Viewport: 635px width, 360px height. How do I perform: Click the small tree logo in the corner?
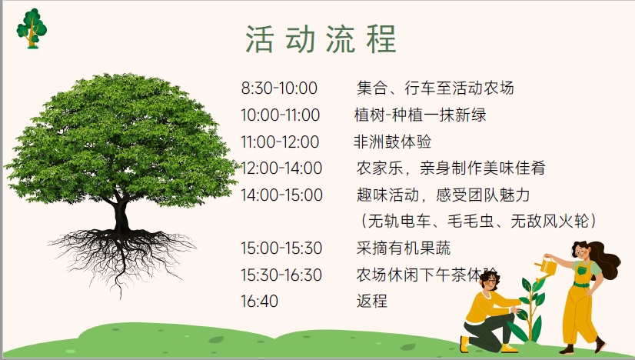point(32,28)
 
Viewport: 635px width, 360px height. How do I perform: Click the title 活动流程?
point(321,39)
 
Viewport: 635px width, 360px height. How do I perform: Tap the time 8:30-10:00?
point(279,88)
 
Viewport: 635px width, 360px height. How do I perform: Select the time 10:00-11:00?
point(281,115)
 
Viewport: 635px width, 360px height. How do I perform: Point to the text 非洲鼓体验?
point(392,142)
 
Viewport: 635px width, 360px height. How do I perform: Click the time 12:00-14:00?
point(281,168)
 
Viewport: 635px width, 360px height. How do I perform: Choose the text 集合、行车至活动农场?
point(435,88)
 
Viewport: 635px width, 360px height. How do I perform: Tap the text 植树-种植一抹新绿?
point(420,115)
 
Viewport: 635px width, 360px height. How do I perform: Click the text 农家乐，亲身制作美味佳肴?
point(451,168)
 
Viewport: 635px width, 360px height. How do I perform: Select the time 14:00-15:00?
point(282,195)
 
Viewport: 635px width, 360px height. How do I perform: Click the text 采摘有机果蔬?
point(404,248)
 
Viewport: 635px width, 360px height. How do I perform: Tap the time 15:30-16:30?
point(281,275)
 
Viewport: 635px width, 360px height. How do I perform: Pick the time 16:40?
point(260,302)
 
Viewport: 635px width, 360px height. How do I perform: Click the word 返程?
point(372,302)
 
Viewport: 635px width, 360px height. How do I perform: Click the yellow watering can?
point(547,267)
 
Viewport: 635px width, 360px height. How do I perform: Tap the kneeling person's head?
point(490,280)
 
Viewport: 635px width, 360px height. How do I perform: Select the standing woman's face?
point(580,252)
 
